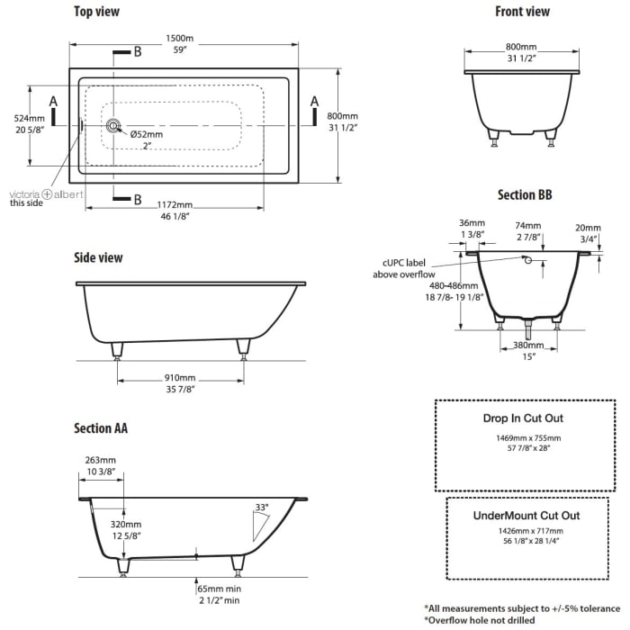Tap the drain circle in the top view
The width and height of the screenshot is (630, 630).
coord(113,127)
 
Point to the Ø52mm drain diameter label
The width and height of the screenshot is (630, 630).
coord(146,135)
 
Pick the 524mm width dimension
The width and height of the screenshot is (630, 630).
coord(30,119)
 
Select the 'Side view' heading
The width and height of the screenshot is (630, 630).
coord(98,257)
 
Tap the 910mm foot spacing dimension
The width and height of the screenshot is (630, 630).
coord(180,378)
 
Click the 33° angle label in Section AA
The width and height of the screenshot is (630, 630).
coord(262,508)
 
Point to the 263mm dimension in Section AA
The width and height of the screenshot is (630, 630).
coord(101,460)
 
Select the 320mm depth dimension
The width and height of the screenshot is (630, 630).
coord(126,524)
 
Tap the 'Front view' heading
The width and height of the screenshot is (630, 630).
coord(522,13)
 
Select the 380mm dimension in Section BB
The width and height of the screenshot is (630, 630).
coord(529,345)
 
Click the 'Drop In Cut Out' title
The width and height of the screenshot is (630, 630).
coord(523,418)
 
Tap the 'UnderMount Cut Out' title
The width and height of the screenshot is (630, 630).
coord(526,516)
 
